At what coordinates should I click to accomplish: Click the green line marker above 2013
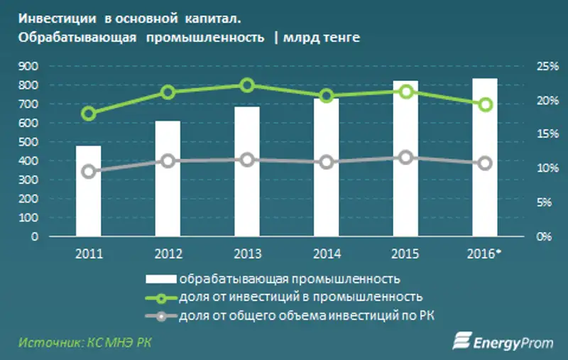coord(247,85)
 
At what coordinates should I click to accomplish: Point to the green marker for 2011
coord(89,114)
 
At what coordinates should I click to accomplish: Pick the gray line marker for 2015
coord(405,158)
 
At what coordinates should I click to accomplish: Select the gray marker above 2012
coord(168,161)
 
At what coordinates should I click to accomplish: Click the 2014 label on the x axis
coord(326,253)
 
